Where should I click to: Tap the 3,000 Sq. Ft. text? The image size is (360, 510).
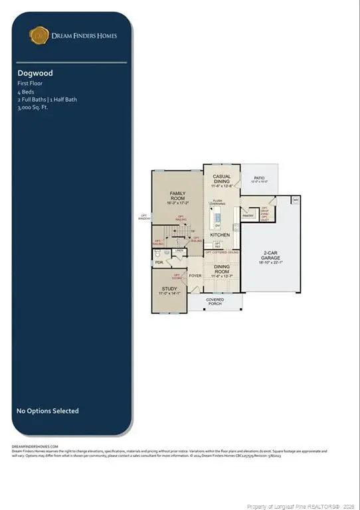click(x=33, y=106)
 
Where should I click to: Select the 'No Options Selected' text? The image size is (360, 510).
click(x=47, y=411)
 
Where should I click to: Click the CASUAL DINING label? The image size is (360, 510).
click(x=221, y=179)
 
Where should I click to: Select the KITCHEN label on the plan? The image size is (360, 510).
click(x=220, y=235)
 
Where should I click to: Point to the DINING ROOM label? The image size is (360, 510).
click(x=223, y=268)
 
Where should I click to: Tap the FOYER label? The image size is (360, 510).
click(x=195, y=276)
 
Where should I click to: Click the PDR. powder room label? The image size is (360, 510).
click(x=159, y=262)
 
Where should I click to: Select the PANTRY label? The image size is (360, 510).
click(x=248, y=216)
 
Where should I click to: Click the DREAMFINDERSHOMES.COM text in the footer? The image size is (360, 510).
click(x=35, y=446)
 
